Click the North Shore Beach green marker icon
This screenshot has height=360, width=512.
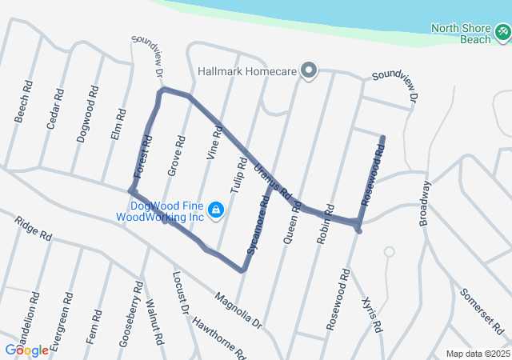point(502,32)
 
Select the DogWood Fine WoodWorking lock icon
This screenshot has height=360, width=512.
point(215,210)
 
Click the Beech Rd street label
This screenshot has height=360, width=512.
point(23,101)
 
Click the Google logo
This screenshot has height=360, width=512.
point(26,350)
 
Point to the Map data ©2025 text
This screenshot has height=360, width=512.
point(477,354)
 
